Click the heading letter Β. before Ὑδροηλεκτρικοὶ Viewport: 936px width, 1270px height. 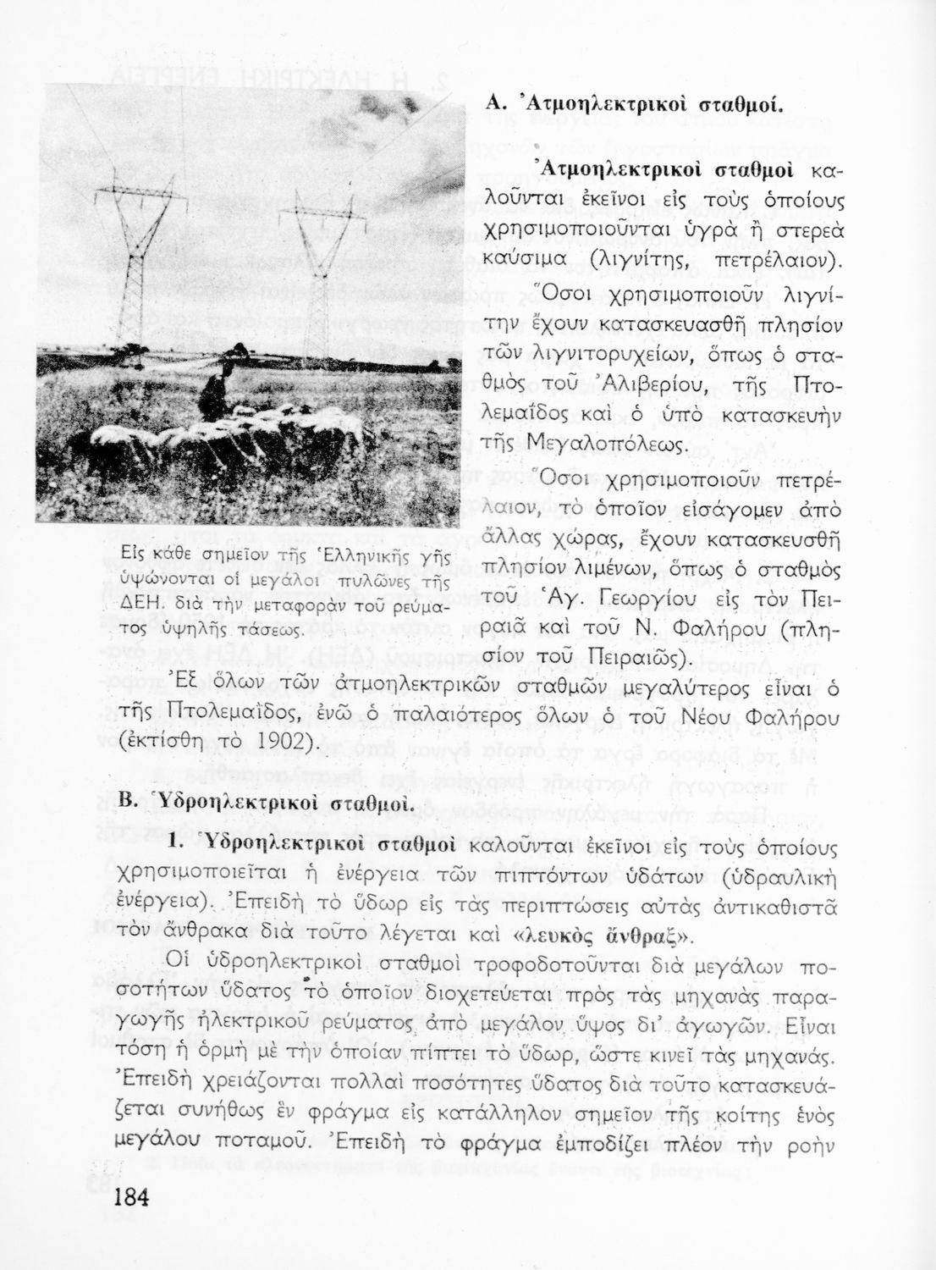point(128,802)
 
